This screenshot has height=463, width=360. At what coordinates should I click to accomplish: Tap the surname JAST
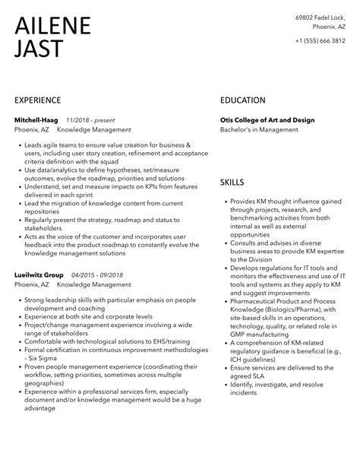[x=39, y=49]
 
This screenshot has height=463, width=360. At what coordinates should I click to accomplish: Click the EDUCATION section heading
[x=243, y=100]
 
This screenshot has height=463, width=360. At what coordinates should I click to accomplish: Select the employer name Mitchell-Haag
[x=37, y=119]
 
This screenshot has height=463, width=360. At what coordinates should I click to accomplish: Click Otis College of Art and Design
[x=267, y=119]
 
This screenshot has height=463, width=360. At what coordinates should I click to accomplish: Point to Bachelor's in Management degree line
[x=254, y=130]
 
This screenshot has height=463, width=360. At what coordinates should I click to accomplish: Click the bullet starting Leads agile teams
[x=107, y=145]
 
